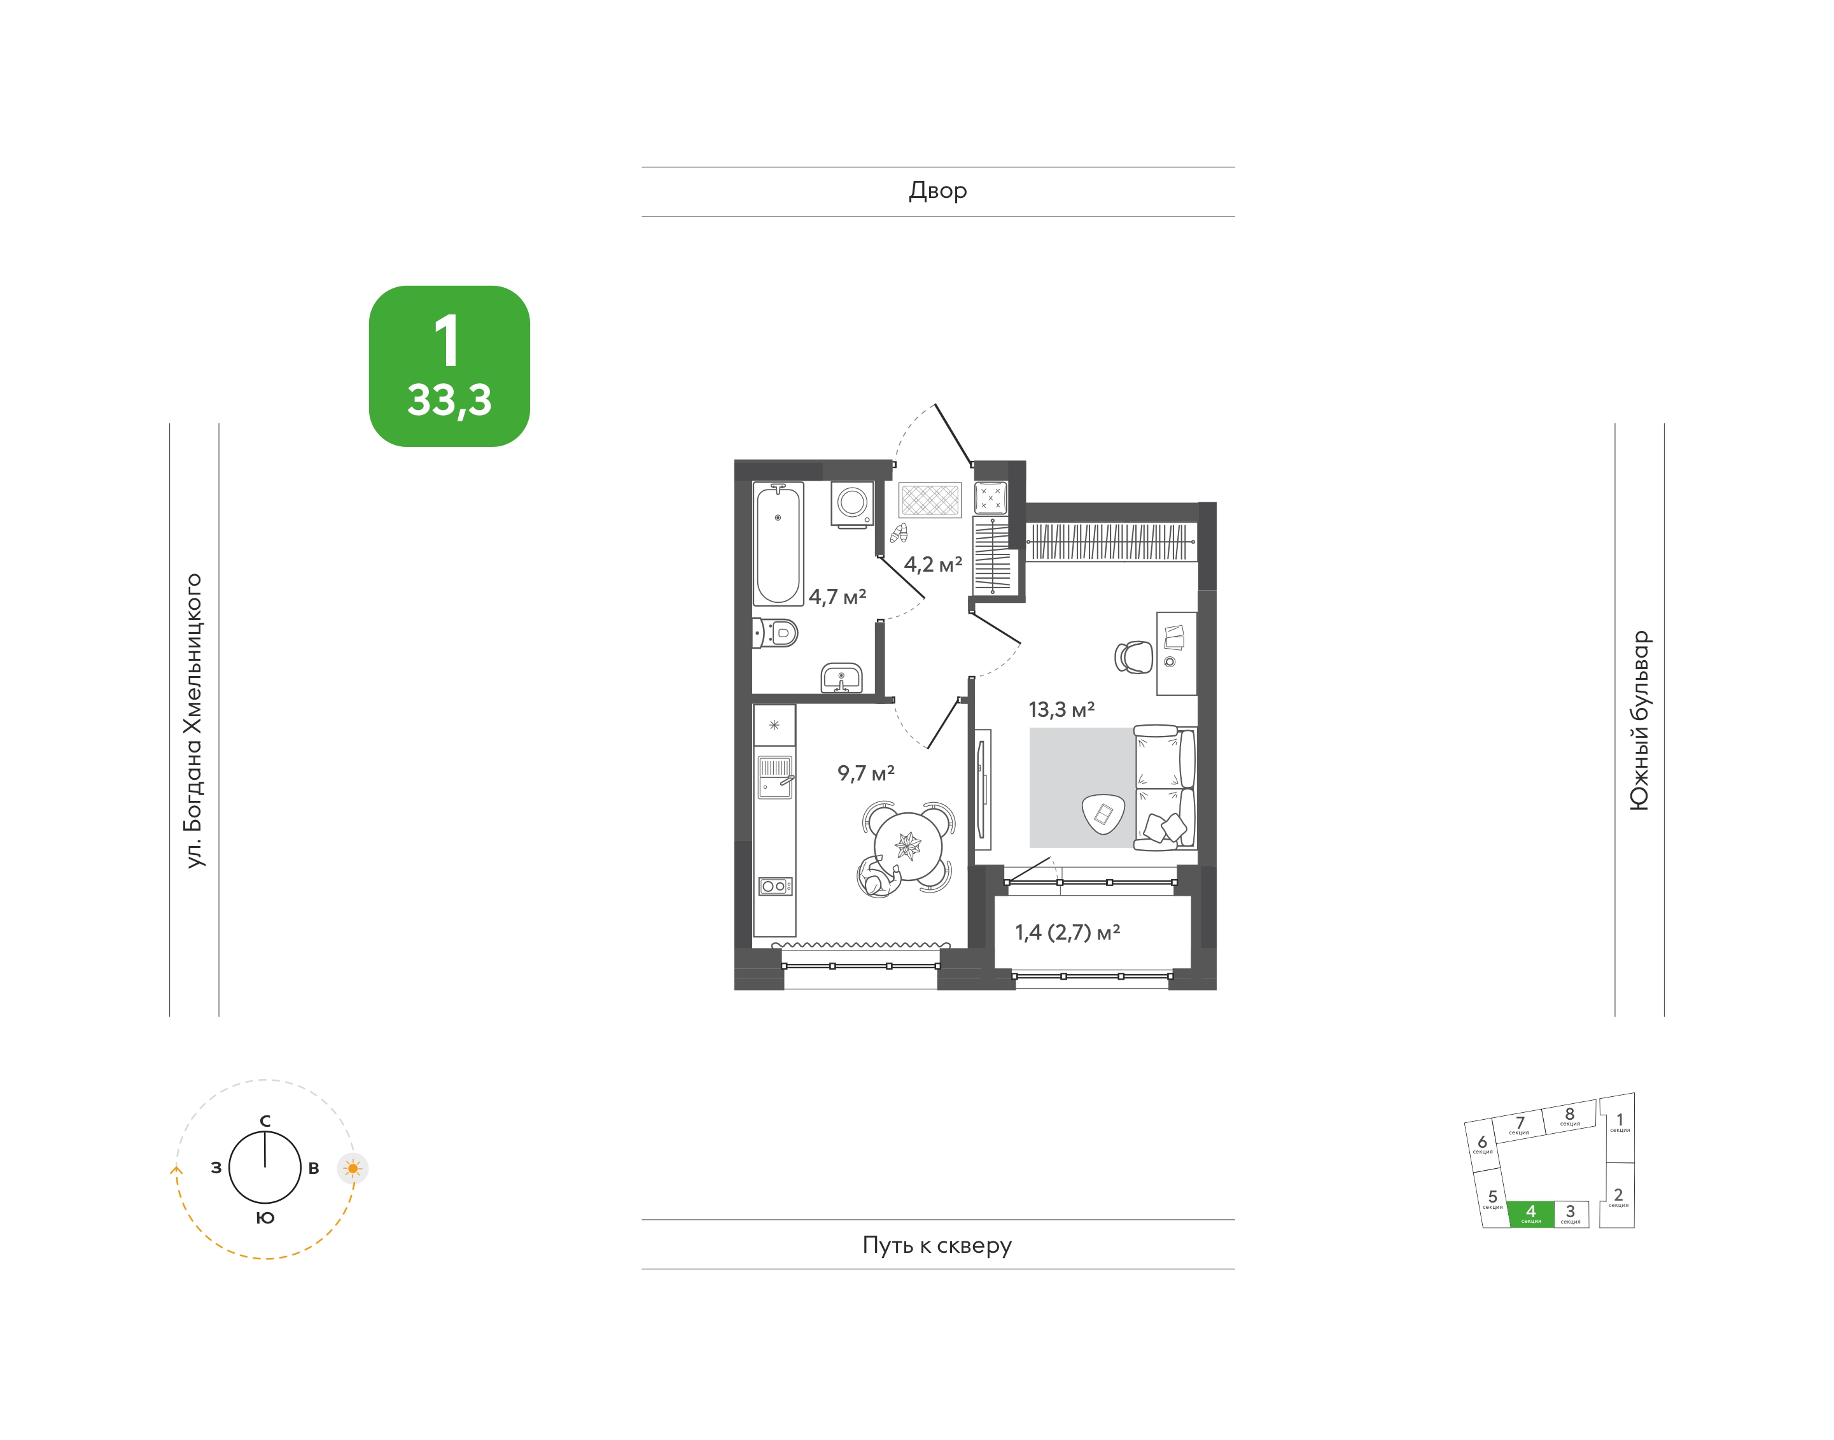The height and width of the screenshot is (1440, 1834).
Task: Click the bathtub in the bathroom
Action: tap(778, 544)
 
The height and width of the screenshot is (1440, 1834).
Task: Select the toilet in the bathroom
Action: tap(775, 632)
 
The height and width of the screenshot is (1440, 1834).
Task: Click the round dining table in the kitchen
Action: tap(907, 845)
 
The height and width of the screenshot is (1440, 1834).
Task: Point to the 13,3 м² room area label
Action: tap(1061, 709)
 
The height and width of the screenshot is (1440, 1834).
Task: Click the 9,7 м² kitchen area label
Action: tap(865, 772)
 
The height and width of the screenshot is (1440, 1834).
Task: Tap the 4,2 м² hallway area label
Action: tap(933, 564)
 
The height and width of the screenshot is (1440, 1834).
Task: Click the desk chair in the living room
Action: tap(1133, 657)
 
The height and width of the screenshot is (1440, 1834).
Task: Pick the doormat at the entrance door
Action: tap(930, 500)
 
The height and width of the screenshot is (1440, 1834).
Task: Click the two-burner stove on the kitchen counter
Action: tap(775, 886)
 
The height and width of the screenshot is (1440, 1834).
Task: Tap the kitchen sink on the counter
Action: tap(775, 777)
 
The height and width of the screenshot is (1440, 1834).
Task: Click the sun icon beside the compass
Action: tap(353, 1169)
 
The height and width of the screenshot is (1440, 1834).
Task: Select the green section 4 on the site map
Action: tap(1530, 1213)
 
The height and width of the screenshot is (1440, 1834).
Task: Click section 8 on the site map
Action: tap(1569, 1115)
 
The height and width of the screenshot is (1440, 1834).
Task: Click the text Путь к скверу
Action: tap(937, 1245)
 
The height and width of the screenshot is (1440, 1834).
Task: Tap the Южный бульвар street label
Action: tap(1639, 721)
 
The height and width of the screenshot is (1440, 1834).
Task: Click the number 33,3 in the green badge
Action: tap(449, 400)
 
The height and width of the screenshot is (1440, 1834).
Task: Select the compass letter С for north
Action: tap(265, 1120)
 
